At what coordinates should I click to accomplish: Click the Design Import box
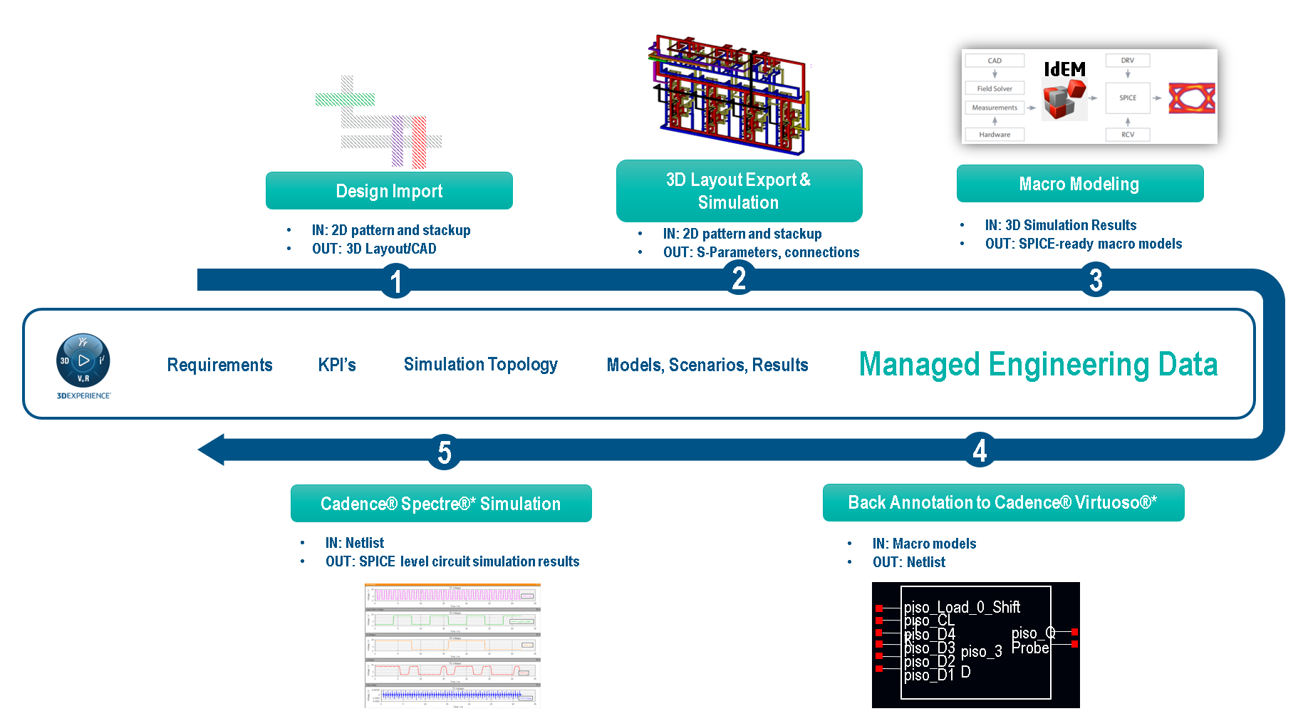point(389,191)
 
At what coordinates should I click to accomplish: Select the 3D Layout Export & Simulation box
point(739,191)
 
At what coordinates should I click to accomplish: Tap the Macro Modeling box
point(1079,184)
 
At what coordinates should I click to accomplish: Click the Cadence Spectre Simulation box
point(441,504)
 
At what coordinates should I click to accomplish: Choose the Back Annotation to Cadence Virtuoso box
point(1003,503)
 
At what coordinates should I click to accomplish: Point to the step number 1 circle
point(396,281)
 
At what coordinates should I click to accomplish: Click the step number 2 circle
point(739,278)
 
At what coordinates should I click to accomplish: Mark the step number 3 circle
point(1096,279)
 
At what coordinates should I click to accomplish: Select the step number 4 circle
point(980,450)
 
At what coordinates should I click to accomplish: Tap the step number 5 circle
point(445,452)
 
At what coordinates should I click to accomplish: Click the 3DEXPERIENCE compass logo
point(83,361)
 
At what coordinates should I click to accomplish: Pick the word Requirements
point(219,365)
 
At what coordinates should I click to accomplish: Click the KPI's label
point(337,365)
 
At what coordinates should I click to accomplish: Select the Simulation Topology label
point(481,365)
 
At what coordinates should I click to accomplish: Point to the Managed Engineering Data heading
point(1038,364)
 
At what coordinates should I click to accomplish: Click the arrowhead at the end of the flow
point(212,450)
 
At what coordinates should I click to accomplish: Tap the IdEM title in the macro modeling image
point(1064,69)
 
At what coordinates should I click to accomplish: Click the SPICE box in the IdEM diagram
point(1127,98)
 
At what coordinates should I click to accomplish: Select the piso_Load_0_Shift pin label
point(962,607)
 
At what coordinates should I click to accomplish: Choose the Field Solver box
point(995,88)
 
